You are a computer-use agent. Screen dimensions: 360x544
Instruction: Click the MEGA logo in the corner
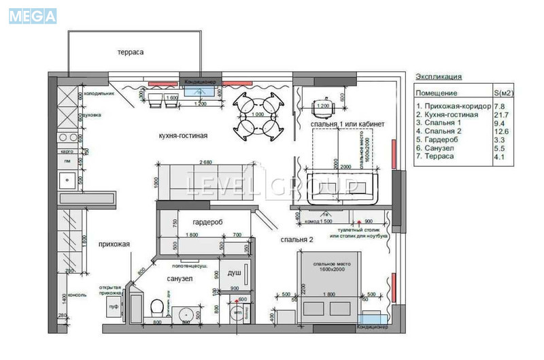click(x=33, y=16)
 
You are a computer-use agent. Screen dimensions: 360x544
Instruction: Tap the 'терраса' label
click(x=130, y=52)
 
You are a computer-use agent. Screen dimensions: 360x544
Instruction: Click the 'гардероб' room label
click(x=207, y=223)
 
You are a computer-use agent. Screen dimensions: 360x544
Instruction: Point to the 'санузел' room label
click(x=180, y=279)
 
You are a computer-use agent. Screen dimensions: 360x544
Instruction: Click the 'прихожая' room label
click(x=114, y=244)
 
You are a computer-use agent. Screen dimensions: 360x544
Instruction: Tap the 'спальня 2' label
click(x=296, y=240)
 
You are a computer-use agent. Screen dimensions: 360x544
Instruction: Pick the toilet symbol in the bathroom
click(x=156, y=307)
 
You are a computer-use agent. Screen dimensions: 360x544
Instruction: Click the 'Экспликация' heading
click(x=439, y=77)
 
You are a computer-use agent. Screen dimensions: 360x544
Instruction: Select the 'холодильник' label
click(x=99, y=94)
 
